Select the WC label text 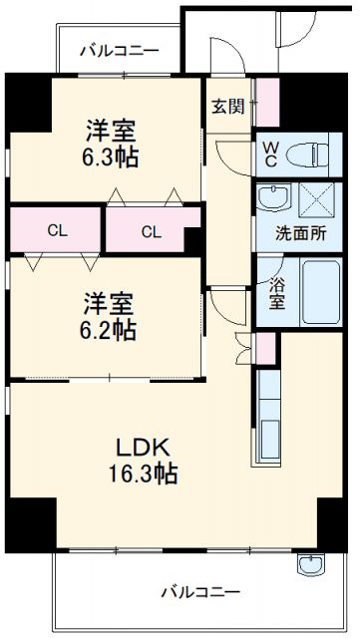point(270,156)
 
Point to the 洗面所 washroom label point(301,236)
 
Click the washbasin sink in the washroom point(270,197)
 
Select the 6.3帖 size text point(110,157)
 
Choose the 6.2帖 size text point(109,328)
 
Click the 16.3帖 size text point(145,474)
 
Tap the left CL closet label point(56,231)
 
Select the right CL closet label point(151,232)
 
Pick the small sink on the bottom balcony point(309,565)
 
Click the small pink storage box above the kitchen point(264,347)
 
